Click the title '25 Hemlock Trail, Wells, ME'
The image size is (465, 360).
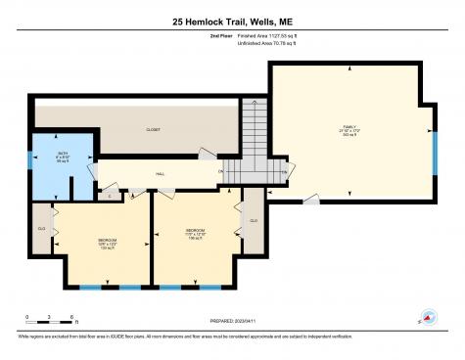[x=232, y=21]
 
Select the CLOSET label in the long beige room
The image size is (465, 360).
[x=153, y=129]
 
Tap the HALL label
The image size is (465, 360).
[x=160, y=175]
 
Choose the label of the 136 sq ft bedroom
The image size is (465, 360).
[x=197, y=234]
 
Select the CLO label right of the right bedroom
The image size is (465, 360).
[x=253, y=221]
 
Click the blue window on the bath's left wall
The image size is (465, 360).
[x=29, y=161]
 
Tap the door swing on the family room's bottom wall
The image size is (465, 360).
[x=310, y=200]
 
